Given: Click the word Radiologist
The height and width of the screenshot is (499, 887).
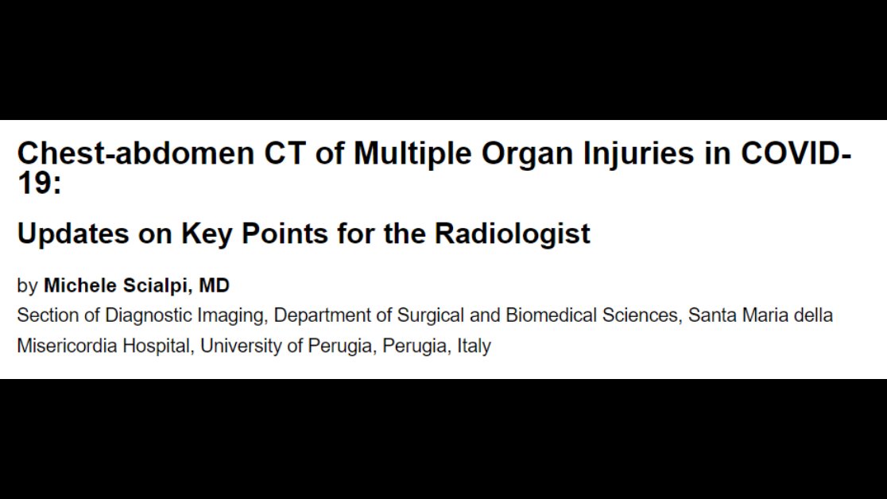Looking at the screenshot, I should (x=512, y=234).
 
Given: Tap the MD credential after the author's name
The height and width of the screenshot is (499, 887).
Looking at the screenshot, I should (x=214, y=285).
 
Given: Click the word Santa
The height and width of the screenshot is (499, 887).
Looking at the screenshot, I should (x=711, y=315).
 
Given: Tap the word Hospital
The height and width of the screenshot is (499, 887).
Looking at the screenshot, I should (x=158, y=347).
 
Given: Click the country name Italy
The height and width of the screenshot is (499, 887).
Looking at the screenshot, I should (x=474, y=347).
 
